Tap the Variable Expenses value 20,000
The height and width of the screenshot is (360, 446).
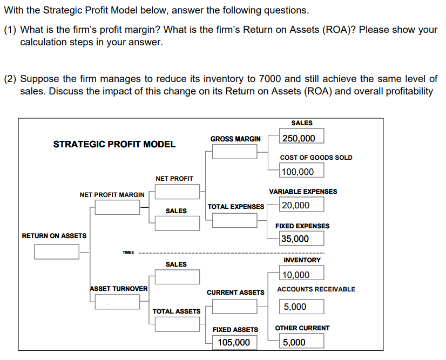(302, 205)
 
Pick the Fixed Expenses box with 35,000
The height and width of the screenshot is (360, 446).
(302, 239)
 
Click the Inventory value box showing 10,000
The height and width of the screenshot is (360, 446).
(302, 274)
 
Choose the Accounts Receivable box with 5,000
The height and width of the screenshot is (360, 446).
(302, 307)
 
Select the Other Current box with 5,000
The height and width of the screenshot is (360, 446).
(302, 342)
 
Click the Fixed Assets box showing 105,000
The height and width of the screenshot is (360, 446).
(234, 342)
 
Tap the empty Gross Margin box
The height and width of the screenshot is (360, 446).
(234, 152)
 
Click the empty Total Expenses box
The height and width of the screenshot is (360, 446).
(234, 220)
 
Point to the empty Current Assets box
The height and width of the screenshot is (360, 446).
(234, 307)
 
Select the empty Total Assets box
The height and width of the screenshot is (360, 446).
(177, 324)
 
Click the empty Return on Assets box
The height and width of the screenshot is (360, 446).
(57, 252)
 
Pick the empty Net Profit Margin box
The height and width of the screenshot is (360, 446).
(117, 208)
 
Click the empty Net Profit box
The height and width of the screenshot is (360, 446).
(177, 192)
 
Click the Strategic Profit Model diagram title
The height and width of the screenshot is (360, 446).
(114, 144)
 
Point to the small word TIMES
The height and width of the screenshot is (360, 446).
(128, 252)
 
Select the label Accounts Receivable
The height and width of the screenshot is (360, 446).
(316, 289)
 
